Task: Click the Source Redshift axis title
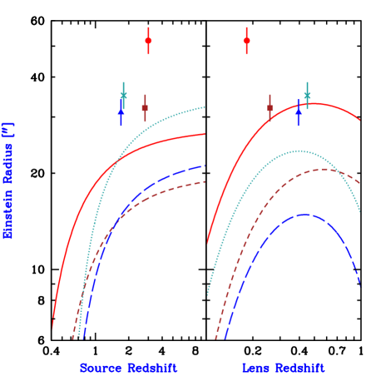(x=128, y=368)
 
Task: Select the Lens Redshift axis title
(x=284, y=368)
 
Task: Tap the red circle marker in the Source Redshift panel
(x=148, y=41)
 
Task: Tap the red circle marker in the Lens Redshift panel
(x=246, y=40)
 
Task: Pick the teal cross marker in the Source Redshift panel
(x=124, y=96)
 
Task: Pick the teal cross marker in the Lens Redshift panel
(x=307, y=96)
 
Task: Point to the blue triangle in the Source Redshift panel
(x=121, y=111)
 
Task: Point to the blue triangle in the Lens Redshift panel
(x=298, y=111)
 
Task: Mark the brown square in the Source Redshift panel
(x=145, y=108)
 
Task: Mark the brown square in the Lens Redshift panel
(x=270, y=108)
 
